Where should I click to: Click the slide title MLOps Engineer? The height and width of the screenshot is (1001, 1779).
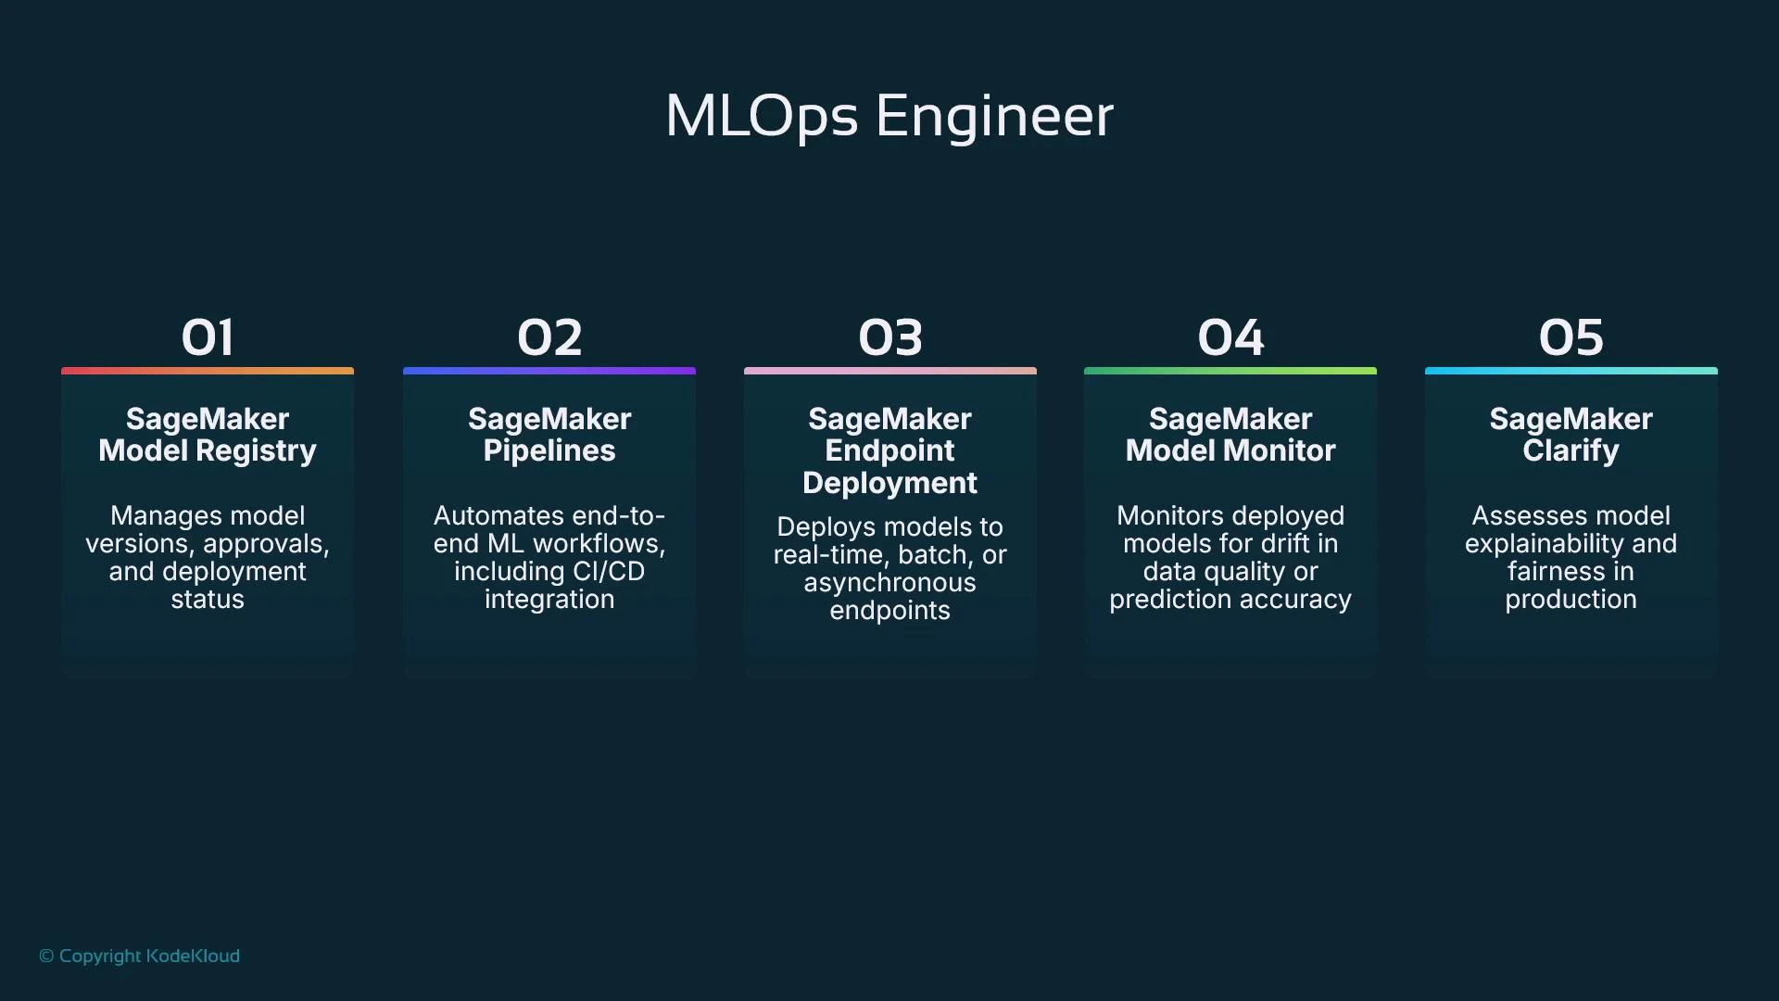[x=889, y=117]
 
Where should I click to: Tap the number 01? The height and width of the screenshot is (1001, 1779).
[x=208, y=337]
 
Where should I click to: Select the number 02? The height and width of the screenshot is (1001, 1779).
[x=549, y=337]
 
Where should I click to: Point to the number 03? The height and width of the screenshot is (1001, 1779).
[x=890, y=337]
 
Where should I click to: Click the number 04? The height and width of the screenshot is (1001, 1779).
[x=1230, y=337]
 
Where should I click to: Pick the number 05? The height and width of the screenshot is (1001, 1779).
[x=1571, y=337]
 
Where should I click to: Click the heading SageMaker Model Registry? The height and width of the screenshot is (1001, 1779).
[x=208, y=435]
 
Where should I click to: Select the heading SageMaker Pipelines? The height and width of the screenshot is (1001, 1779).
[x=549, y=435]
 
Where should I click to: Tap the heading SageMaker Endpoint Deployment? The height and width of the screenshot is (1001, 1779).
[x=890, y=450]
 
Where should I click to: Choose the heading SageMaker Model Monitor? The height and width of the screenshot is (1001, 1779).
[x=1230, y=435]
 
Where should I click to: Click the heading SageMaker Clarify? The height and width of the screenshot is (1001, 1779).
[x=1571, y=435]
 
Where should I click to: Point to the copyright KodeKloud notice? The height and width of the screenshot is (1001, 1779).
[x=139, y=956]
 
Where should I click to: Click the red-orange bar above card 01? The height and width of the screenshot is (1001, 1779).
[x=208, y=371]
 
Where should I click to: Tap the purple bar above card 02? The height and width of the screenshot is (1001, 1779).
[x=549, y=371]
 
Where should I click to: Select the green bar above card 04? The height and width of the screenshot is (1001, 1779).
[x=1230, y=371]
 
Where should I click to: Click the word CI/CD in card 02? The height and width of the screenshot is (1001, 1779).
[x=608, y=572]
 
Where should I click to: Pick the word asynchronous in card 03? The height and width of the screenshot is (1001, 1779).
[x=889, y=583]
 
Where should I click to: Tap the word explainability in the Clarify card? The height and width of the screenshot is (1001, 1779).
[x=1544, y=544]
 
